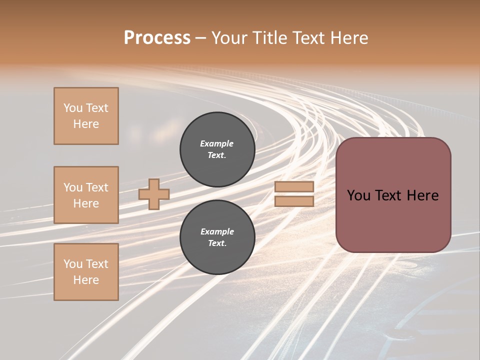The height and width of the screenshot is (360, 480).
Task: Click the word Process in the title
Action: tap(157, 38)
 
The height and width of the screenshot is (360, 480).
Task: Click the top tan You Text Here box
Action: tap(86, 116)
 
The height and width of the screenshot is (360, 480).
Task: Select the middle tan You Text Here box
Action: tap(86, 195)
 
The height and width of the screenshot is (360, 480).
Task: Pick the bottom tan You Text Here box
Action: tap(86, 272)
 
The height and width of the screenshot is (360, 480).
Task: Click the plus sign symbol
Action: tap(154, 194)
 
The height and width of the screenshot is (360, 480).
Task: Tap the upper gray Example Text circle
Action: tap(217, 149)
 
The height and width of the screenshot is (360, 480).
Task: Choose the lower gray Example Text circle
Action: tap(217, 237)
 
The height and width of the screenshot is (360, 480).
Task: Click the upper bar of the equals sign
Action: tap(294, 186)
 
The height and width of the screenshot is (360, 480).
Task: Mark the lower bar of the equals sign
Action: tap(294, 201)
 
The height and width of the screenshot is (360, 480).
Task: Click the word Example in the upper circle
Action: tap(217, 143)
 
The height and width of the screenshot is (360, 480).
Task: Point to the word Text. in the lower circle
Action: tap(217, 243)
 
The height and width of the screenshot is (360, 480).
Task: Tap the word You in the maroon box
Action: tap(358, 195)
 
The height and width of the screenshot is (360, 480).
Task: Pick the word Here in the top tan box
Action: tap(86, 124)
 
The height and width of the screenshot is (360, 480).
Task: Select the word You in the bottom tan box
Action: tap(73, 264)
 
